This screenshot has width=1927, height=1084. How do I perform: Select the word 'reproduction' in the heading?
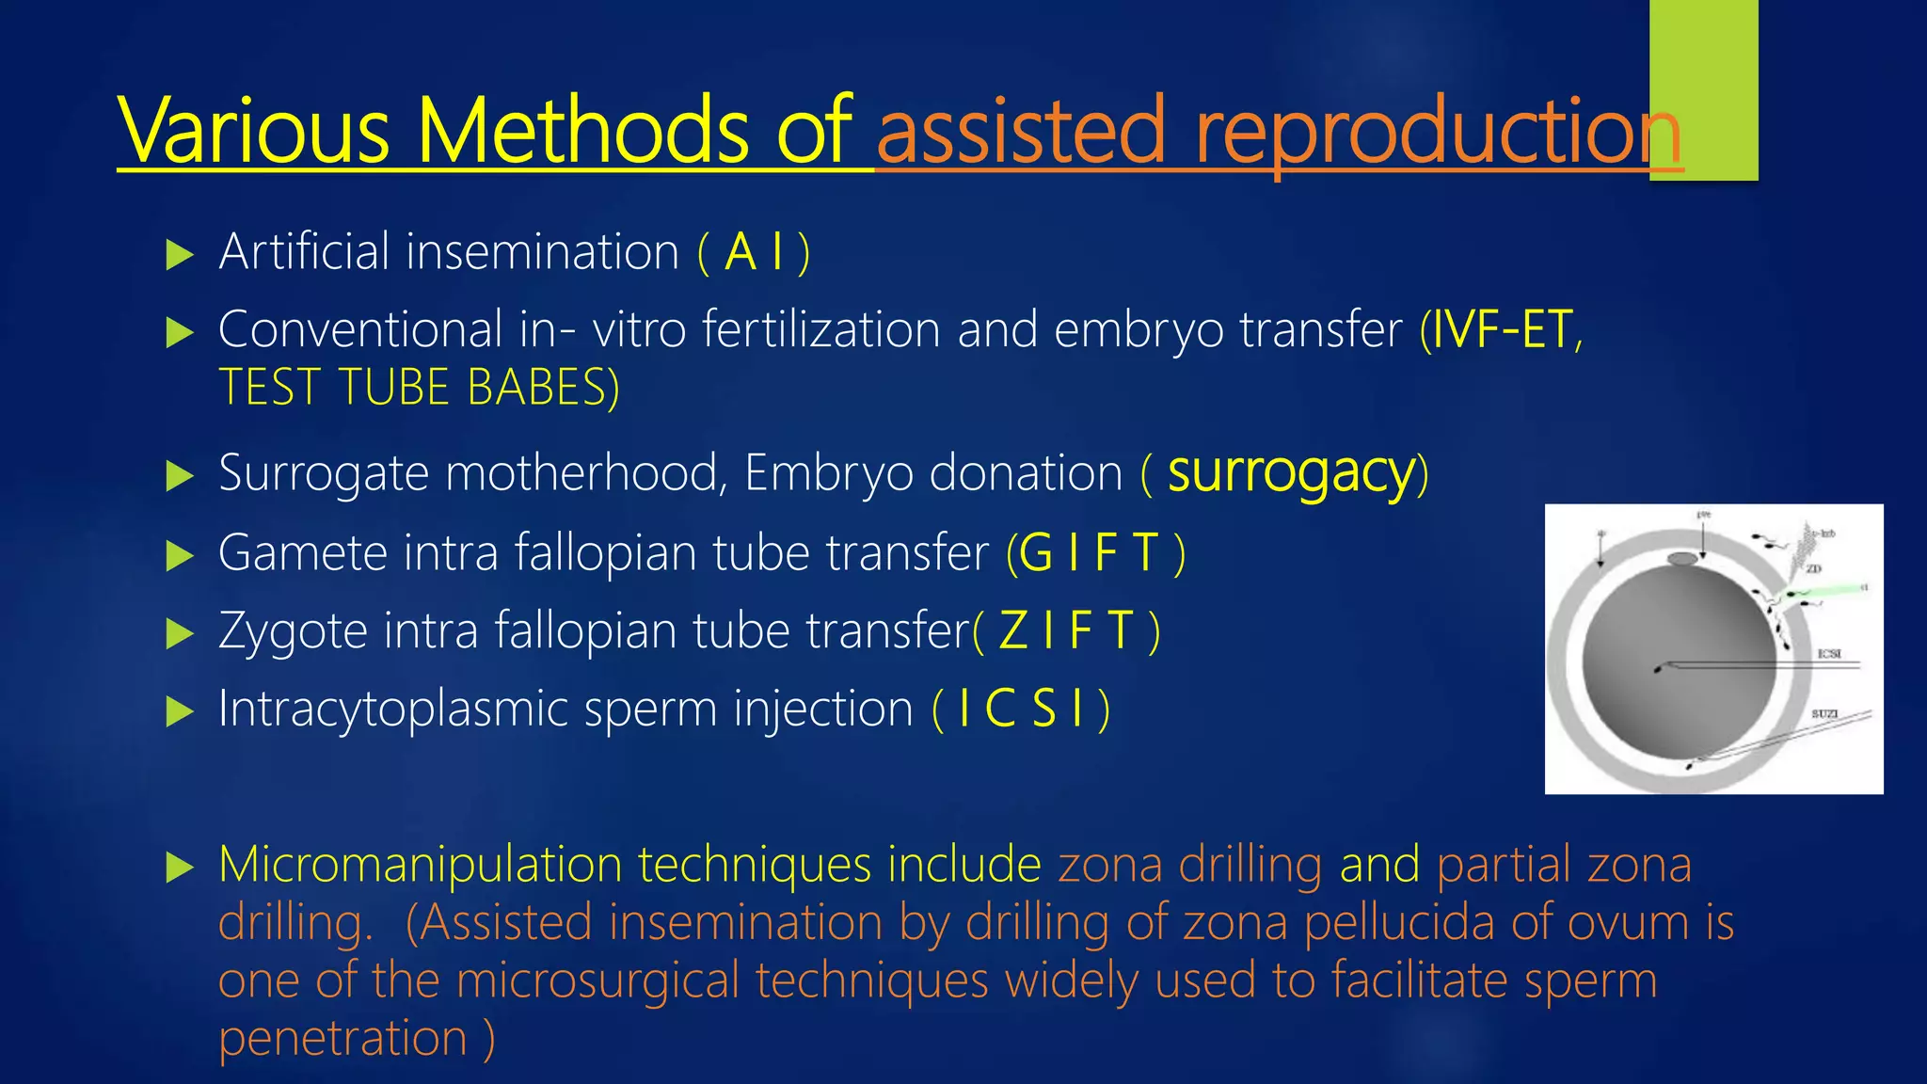coord(1438,132)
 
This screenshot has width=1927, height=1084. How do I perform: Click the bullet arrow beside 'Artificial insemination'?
coord(179,254)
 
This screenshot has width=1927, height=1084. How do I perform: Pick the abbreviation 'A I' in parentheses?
coord(754,252)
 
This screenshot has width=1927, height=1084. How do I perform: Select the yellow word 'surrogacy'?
coord(1291,472)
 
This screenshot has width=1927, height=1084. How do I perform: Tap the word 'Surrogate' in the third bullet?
coord(324,472)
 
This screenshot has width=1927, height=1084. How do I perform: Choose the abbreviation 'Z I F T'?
coord(1066,630)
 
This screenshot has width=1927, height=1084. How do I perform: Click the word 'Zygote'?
coord(293,630)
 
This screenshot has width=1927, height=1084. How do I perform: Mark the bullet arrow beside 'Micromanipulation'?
coord(179,867)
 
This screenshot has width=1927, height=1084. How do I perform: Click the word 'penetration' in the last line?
coord(342,1038)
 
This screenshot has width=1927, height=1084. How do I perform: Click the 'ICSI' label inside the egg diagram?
coord(1828,653)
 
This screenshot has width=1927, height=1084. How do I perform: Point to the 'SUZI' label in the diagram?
coord(1824,714)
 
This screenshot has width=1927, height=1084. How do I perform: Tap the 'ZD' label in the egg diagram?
coord(1813,568)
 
